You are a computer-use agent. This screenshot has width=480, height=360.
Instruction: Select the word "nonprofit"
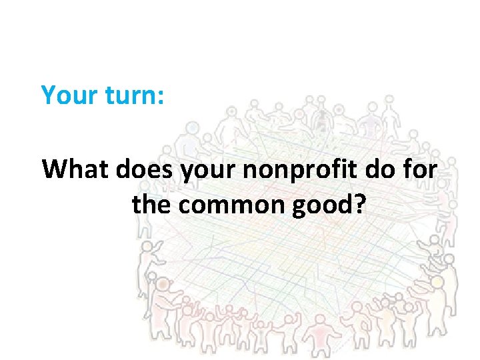click(298, 171)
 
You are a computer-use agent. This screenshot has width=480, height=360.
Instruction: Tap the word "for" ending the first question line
click(422, 169)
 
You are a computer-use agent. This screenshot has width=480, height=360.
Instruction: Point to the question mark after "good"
click(359, 205)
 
